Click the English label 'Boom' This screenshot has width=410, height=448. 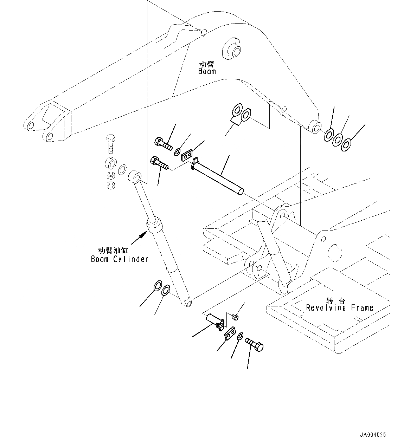coord(207,71)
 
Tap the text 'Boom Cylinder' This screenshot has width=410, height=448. coord(120,259)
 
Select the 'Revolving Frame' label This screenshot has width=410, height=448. coord(339,308)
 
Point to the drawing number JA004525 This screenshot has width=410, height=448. coord(372,435)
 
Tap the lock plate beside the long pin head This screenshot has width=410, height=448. coord(187,155)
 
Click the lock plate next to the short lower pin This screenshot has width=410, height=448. coord(230,333)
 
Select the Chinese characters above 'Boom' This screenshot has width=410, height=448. coord(207,64)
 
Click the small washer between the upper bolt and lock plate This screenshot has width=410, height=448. coord(178,152)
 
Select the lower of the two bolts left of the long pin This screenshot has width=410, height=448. coord(159,163)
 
